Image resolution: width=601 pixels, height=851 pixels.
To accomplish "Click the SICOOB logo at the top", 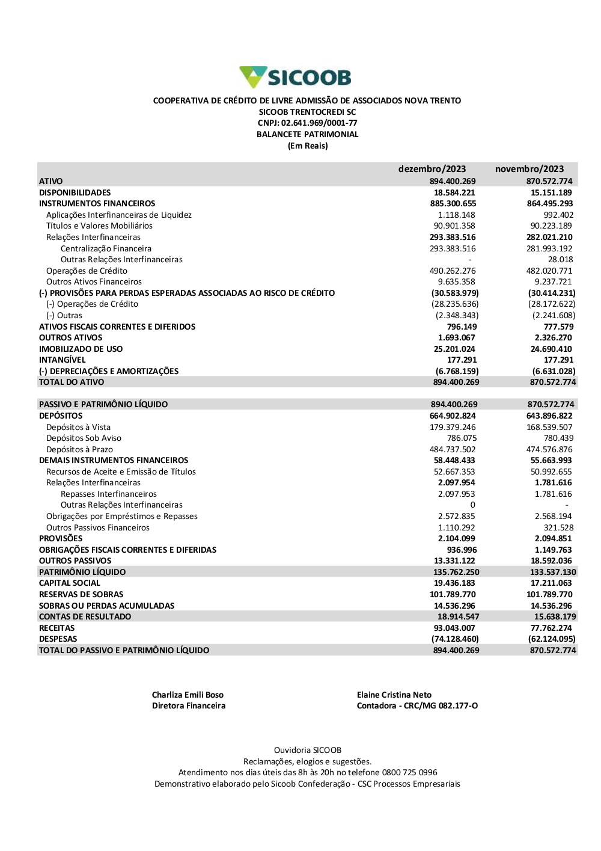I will [295, 78].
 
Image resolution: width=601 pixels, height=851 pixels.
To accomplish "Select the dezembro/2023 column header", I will [432, 169].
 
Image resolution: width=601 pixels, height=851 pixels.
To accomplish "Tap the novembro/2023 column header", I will [529, 169].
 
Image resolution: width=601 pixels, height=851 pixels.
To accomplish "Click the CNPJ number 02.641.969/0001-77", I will [319, 123].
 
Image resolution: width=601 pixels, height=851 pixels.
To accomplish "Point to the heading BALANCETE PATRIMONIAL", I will [307, 135].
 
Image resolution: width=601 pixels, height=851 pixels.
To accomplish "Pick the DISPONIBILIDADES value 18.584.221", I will [454, 193].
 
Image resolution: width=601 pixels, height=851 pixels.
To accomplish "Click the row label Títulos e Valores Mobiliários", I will [99, 226].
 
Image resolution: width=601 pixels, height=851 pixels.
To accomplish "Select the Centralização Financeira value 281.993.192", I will [549, 249].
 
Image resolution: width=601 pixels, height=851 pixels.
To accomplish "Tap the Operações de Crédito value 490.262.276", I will [453, 271].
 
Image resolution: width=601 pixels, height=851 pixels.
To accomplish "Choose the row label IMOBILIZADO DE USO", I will [81, 349].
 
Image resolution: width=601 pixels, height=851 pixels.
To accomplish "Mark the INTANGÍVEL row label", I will [62, 360].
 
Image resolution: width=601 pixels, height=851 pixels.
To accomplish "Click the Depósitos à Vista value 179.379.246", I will [453, 428].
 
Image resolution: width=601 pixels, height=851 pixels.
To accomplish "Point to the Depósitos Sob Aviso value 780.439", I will [558, 438].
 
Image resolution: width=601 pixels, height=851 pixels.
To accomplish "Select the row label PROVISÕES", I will [61, 539].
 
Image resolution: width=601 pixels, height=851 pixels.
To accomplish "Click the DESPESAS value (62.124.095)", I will [551, 639].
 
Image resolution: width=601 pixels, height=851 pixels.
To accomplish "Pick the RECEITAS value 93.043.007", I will [454, 628].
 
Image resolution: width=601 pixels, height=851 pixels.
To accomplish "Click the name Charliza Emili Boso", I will [188, 695].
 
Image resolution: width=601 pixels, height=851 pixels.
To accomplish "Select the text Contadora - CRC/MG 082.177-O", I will [417, 706].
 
